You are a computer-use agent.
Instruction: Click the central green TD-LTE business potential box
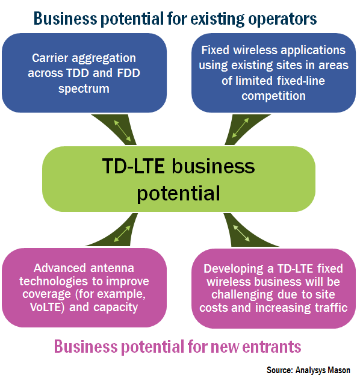click(179, 179)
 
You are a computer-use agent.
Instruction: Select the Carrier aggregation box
click(84, 73)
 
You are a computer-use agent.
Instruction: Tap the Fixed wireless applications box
click(273, 73)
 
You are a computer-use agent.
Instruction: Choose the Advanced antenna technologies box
click(84, 288)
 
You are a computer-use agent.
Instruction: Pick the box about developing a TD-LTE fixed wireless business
click(273, 288)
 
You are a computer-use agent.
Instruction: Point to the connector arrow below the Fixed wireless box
click(240, 128)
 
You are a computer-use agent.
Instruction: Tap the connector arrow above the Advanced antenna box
click(122, 234)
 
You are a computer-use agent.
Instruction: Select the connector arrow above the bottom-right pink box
click(241, 233)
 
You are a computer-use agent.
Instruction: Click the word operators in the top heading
click(282, 19)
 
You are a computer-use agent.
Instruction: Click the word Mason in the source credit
click(339, 370)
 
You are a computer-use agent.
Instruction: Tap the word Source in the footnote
click(280, 370)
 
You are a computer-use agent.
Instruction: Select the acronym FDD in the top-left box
click(129, 73)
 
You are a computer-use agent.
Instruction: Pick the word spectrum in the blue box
click(84, 88)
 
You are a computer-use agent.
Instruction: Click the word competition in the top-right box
click(273, 96)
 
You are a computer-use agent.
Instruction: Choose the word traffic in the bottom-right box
click(331, 308)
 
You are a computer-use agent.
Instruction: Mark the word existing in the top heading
click(217, 19)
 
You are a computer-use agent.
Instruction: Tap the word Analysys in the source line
click(311, 370)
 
